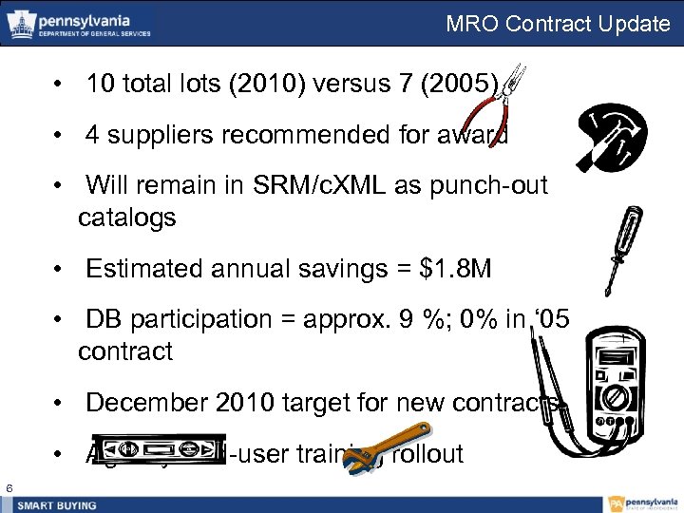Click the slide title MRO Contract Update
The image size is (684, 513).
(558, 23)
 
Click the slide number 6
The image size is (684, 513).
(9, 487)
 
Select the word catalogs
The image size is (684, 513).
(127, 218)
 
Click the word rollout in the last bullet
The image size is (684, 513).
(427, 454)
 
